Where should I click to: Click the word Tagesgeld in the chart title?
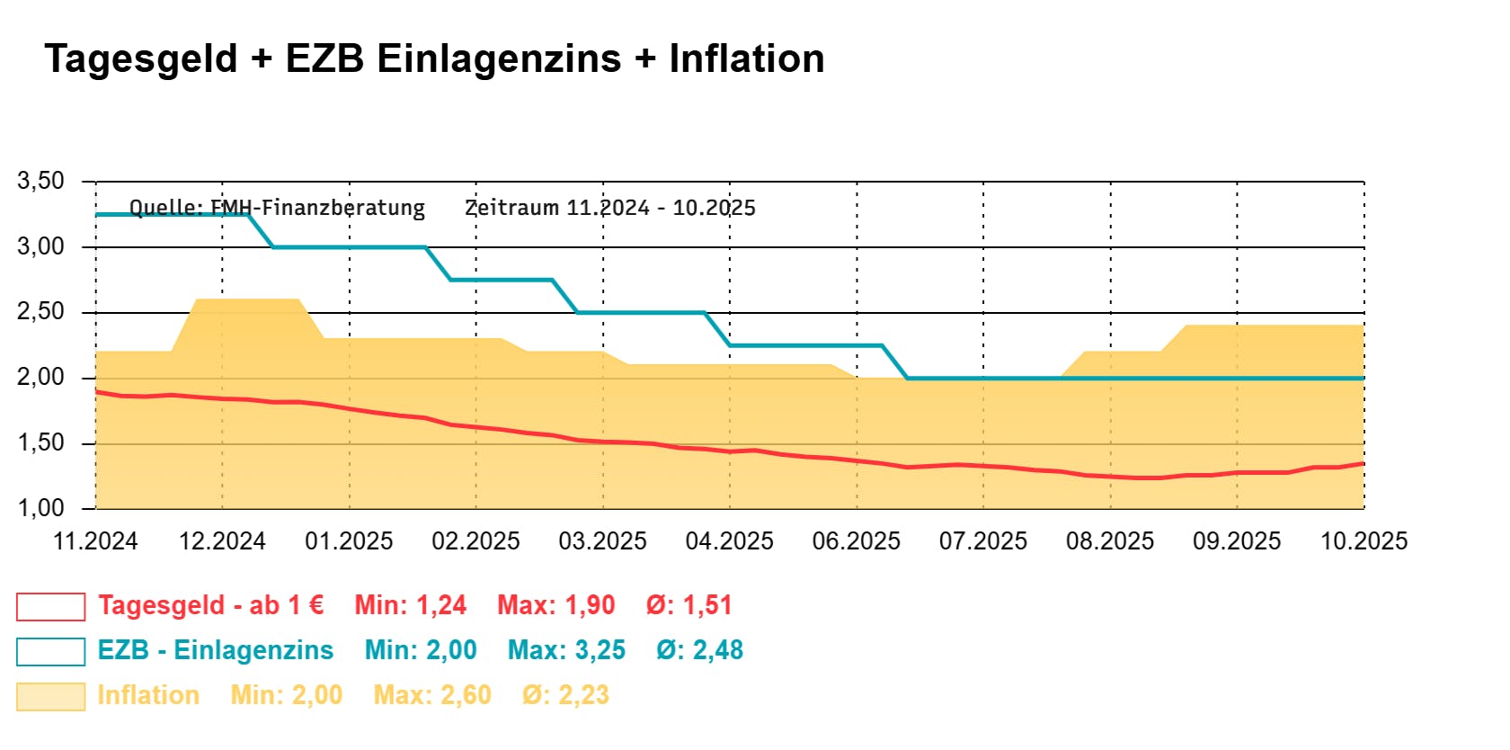tap(141, 59)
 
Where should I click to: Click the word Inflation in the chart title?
tap(746, 59)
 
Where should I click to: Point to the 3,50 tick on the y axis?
tap(41, 181)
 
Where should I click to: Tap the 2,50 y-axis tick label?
tap(41, 312)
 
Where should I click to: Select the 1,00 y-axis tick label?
tap(41, 508)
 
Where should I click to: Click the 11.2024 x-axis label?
tap(95, 541)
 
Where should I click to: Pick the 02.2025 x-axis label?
tap(475, 541)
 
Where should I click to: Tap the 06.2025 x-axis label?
tap(856, 541)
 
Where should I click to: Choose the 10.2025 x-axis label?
tap(1363, 541)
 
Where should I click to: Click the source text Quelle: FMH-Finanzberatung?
tap(277, 208)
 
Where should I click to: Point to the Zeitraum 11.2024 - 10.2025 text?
tap(609, 208)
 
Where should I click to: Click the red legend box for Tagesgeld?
tap(51, 607)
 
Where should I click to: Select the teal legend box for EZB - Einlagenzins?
tap(51, 651)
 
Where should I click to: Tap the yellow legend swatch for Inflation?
tap(51, 696)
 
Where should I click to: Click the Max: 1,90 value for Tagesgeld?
tap(555, 605)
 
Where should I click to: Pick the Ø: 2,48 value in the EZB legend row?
tap(699, 650)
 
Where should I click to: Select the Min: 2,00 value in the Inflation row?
tap(286, 695)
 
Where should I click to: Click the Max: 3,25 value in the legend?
tap(566, 650)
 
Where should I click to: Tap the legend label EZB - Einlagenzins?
tap(215, 650)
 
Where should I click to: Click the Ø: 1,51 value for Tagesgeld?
tap(688, 605)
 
